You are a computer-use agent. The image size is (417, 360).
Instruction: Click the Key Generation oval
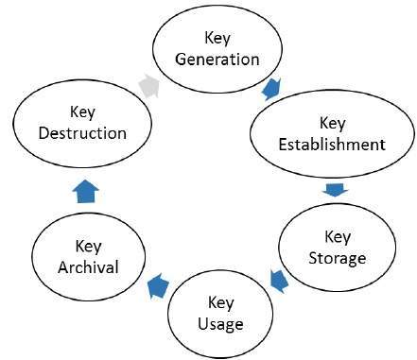[217, 47]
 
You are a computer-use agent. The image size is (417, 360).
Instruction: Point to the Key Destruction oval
[82, 122]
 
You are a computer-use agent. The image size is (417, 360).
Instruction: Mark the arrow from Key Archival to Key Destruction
[87, 190]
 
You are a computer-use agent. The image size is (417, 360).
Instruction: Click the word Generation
[217, 59]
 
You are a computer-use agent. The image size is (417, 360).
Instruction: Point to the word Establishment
[331, 145]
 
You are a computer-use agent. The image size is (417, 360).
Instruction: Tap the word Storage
[337, 257]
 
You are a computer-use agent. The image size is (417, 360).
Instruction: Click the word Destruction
[83, 132]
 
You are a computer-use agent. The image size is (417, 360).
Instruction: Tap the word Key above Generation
[217, 38]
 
